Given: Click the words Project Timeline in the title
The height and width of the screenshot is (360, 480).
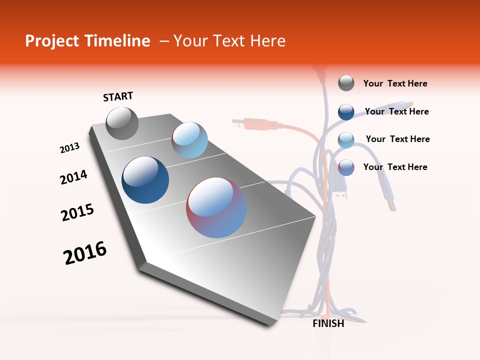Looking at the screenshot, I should click(87, 41).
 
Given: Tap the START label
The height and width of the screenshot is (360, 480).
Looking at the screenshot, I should click(118, 96).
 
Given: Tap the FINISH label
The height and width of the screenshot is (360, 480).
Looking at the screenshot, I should click(328, 323).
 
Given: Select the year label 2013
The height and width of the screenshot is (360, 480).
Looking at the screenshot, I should click(69, 148).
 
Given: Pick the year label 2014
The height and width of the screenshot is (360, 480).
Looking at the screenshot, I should click(73, 177).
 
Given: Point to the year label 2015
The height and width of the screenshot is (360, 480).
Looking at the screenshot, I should click(77, 212).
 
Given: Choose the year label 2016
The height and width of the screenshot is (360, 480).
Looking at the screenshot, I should click(85, 253).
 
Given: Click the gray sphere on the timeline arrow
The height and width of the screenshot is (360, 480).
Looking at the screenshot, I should click(122, 123).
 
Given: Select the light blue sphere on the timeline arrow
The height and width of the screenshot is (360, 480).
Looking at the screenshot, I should click(189, 140).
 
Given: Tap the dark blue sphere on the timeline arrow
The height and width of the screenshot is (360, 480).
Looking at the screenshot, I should click(145, 180).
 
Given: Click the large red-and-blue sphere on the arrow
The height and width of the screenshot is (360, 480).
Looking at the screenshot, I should click(216, 207).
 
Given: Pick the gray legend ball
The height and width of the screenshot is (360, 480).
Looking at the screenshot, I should click(346, 83).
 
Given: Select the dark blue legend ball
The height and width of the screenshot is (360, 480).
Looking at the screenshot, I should click(346, 112).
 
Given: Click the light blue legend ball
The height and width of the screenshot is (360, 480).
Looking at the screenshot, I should click(346, 140).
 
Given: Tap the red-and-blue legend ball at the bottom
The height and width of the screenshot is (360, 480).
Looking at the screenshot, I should click(346, 167).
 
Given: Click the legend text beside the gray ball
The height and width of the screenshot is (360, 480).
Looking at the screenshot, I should click(395, 83).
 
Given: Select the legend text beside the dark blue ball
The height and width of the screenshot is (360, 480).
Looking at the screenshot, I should click(396, 111).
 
